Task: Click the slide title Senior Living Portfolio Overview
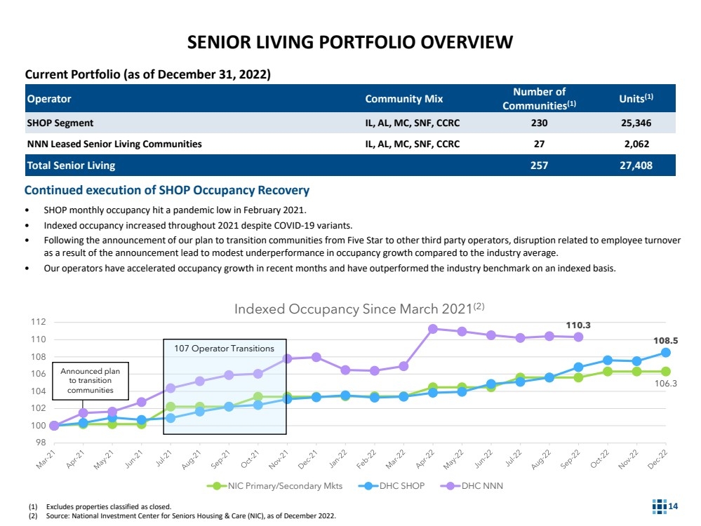tap(350, 43)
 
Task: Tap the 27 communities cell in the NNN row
tap(539, 144)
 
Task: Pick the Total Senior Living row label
tap(71, 166)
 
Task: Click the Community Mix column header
tap(403, 99)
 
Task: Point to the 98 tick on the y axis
tap(40, 443)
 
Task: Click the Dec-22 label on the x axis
tap(657, 457)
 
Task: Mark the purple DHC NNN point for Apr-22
tap(433, 329)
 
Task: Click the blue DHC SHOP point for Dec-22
tap(665, 352)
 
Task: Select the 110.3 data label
tap(578, 325)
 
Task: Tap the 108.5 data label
tap(666, 340)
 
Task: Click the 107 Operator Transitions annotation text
tap(224, 348)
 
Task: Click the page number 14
tap(673, 506)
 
